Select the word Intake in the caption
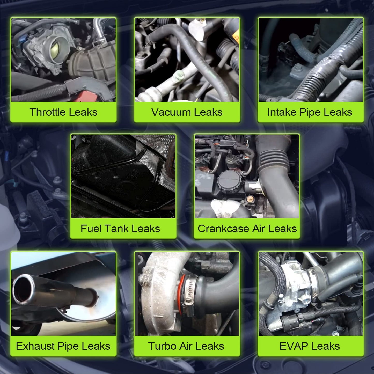[x=282, y=112]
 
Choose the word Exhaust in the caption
[x=35, y=346]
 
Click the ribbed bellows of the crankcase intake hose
[x=272, y=159]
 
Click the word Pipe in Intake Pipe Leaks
[x=311, y=113]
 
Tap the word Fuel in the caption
[x=91, y=229]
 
